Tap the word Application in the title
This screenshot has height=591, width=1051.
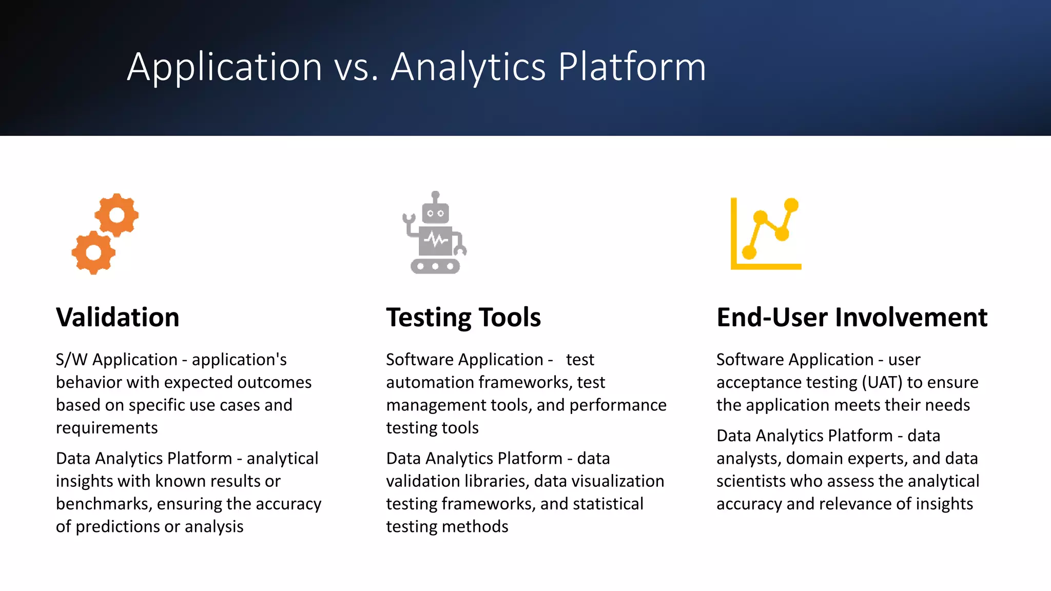[224, 67]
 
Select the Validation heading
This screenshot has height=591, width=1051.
[118, 317]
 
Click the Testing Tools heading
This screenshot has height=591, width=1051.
[463, 317]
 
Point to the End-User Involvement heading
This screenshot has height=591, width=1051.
[851, 317]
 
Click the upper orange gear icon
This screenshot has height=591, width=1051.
[117, 215]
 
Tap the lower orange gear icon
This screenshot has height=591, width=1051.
[93, 252]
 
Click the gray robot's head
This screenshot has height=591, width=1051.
[435, 213]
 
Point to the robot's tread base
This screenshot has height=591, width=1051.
[435, 266]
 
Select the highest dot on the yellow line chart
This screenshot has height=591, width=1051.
[791, 205]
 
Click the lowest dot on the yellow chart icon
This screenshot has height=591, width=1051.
[749, 252]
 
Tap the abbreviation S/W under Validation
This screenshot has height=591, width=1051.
[71, 360]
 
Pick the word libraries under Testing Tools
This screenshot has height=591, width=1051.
[496, 481]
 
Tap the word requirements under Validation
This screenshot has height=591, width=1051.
[107, 428]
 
